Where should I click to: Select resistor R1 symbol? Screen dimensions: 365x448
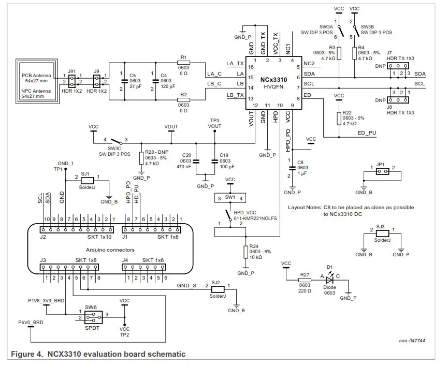[184, 63]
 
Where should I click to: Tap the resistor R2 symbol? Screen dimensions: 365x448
[184, 99]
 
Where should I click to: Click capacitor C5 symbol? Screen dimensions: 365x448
[125, 81]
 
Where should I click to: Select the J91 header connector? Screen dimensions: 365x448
[72, 80]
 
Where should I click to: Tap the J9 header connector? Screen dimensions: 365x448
[97, 80]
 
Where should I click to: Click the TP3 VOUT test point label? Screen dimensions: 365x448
[214, 123]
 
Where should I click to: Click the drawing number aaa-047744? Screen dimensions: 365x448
[412, 341]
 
